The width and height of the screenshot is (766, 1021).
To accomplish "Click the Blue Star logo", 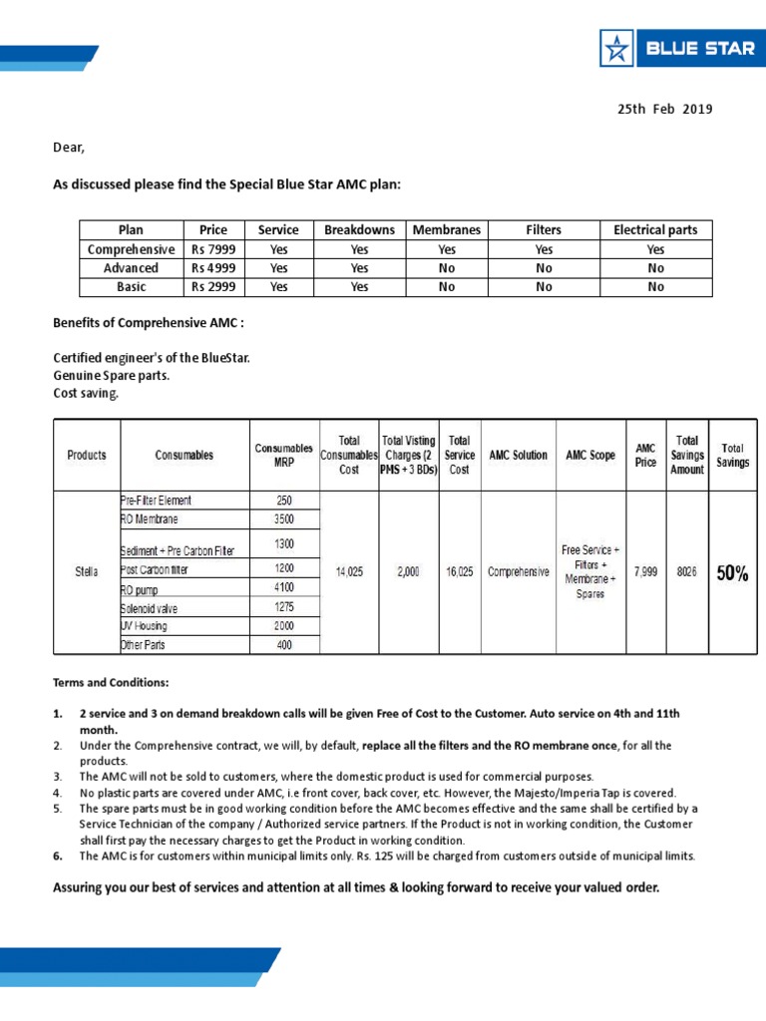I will [675, 48].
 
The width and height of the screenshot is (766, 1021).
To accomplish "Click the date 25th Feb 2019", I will [665, 109].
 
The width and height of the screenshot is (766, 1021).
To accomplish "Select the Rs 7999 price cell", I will [213, 249].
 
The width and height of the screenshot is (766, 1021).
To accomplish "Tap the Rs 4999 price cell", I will [213, 268].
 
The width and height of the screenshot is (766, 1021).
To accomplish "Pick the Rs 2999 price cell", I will [213, 287].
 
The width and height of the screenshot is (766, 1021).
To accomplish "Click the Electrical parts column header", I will [655, 230].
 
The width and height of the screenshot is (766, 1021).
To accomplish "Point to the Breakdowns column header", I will [360, 230].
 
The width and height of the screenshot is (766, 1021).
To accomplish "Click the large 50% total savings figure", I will [733, 573].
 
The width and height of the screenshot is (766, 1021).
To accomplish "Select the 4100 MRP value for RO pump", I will [284, 589].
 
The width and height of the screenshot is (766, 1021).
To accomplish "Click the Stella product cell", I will [87, 573].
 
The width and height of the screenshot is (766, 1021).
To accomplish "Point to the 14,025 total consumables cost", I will [349, 573].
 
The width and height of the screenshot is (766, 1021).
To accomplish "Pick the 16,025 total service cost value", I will [460, 573].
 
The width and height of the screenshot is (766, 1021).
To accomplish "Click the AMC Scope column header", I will [590, 456].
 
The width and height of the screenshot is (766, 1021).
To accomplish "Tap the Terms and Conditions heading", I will [111, 683].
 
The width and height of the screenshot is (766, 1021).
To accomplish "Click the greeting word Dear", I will [69, 148].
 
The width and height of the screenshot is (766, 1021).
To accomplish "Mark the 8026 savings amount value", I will [686, 573].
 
